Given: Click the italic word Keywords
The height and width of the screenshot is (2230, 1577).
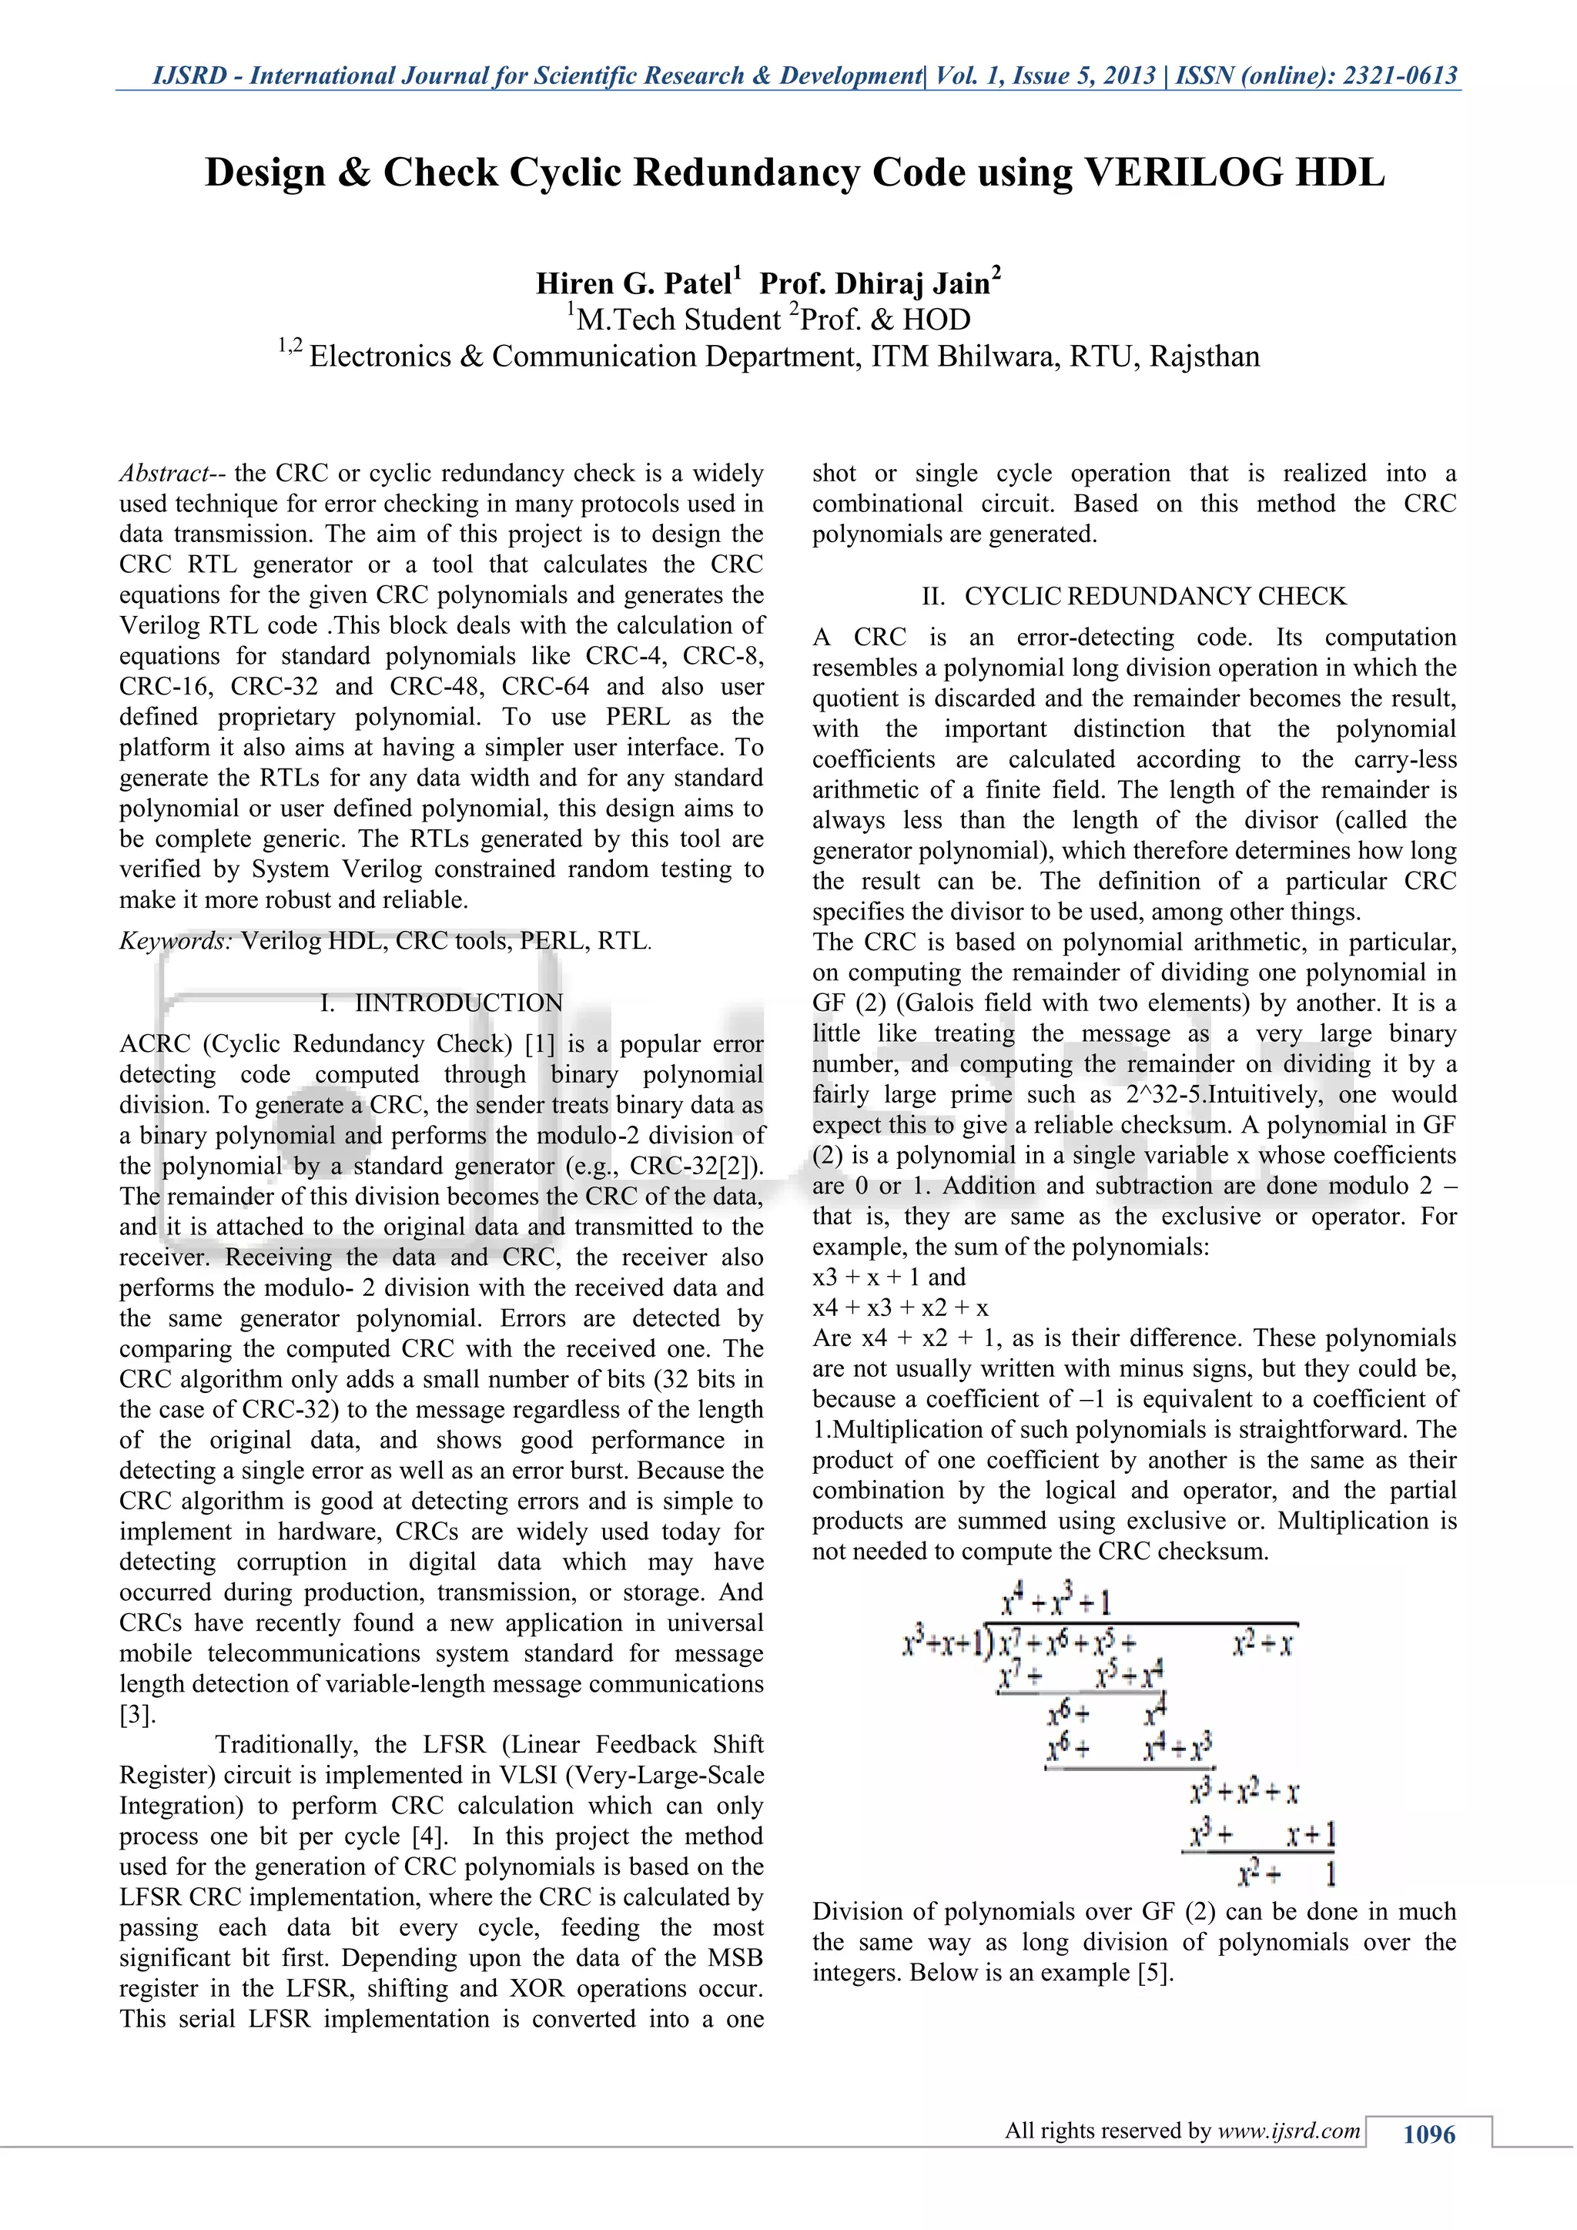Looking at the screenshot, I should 175,940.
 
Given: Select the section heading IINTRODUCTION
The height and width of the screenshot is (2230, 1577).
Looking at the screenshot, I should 458,1003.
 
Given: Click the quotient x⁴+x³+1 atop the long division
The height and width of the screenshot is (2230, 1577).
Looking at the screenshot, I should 1056,1602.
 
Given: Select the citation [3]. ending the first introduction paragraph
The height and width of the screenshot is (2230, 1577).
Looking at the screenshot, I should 137,1714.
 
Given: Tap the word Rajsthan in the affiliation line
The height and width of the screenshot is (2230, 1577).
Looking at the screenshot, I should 1204,357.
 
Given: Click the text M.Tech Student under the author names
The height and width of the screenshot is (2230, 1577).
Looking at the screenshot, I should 678,320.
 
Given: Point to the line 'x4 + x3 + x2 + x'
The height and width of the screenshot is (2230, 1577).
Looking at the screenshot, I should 900,1308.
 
